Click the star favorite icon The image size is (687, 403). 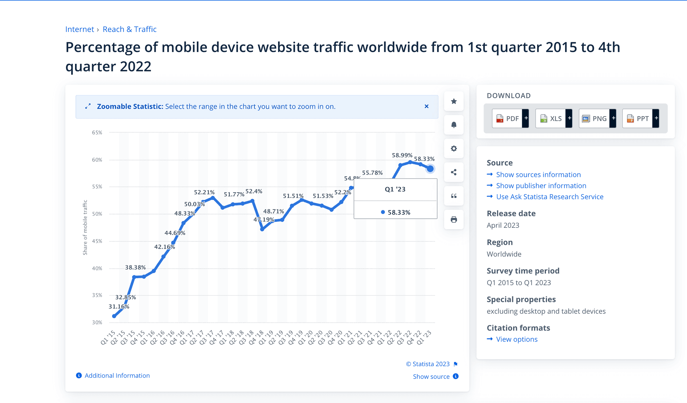pos(454,101)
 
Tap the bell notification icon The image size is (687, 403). pos(454,125)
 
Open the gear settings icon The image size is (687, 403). pos(454,149)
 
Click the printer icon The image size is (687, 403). pos(454,220)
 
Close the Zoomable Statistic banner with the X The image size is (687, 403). pos(426,106)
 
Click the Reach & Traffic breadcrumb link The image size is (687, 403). pos(129,29)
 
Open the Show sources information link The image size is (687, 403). pos(538,175)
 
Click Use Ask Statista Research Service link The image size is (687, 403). pos(550,197)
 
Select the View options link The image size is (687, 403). pos(517,339)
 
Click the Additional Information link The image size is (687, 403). pos(117,375)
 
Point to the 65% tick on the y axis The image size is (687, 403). pos(97,133)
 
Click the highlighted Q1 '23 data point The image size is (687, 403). pos(430,169)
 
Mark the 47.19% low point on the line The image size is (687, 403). pos(262,229)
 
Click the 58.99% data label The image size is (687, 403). pos(402,155)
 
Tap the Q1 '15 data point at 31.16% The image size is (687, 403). pos(114,316)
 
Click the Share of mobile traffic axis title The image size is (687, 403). pos(85,227)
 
